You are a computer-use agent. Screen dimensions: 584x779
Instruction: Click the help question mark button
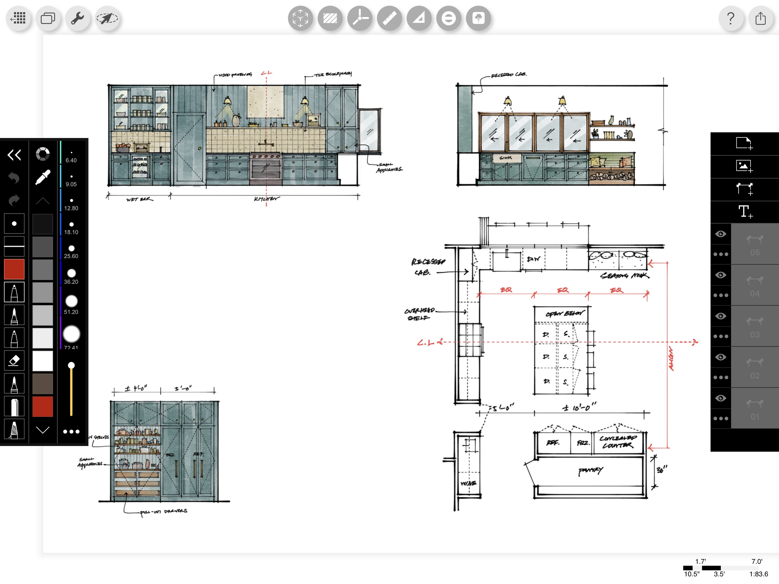coord(731,18)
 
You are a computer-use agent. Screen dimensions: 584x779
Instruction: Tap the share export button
coord(760,18)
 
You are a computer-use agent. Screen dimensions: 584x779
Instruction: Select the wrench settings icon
coord(77,18)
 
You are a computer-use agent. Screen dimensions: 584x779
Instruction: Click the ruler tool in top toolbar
coord(389,18)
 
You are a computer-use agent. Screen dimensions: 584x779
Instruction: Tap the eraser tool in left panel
coord(14,360)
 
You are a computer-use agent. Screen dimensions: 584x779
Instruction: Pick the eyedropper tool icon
coord(43,177)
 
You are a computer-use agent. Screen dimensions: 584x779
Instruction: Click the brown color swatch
coord(43,384)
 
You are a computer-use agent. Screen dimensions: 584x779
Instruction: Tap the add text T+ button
coord(744,212)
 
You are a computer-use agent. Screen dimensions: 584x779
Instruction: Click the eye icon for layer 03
coord(720,316)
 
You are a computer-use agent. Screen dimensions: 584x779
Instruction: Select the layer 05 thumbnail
coord(754,244)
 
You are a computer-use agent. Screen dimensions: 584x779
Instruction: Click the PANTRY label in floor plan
coord(590,471)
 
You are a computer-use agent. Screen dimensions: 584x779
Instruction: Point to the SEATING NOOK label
coord(624,275)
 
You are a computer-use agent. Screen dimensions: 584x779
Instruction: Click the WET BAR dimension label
coord(140,199)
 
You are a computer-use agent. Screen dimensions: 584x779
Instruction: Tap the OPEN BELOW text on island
coord(564,314)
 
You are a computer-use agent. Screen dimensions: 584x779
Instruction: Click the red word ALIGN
coord(671,359)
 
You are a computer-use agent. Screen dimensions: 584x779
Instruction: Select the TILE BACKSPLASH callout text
coord(332,74)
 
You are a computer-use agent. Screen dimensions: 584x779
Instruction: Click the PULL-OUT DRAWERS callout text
coord(163,511)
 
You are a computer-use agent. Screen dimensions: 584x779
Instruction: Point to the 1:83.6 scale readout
coord(758,574)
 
